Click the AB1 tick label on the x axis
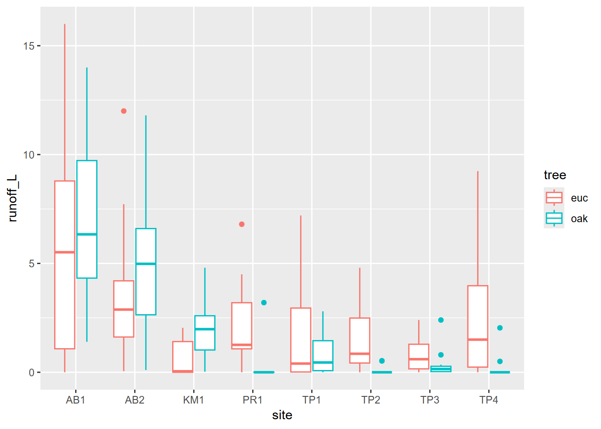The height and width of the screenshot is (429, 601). click(75, 400)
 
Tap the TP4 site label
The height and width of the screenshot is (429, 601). click(488, 400)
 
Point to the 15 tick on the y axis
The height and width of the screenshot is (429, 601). click(29, 46)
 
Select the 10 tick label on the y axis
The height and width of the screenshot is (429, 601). click(29, 155)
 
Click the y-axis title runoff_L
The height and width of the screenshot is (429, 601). click(13, 198)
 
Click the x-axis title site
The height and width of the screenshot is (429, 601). click(282, 415)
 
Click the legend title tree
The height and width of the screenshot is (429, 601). click(554, 175)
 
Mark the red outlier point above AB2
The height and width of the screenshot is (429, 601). click(124, 111)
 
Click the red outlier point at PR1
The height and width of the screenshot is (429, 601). click(242, 224)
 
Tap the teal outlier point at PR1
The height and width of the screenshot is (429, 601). click(264, 303)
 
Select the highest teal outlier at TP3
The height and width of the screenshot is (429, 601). click(441, 320)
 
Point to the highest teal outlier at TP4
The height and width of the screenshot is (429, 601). click(500, 328)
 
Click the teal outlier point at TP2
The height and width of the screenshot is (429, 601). click(382, 361)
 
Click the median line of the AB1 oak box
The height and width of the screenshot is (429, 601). click(87, 234)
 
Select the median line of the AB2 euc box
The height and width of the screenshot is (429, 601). click(124, 309)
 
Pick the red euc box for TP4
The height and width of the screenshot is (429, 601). click(478, 313)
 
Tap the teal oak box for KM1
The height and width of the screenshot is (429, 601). click(205, 340)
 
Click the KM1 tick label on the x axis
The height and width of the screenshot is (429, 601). click(193, 400)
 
